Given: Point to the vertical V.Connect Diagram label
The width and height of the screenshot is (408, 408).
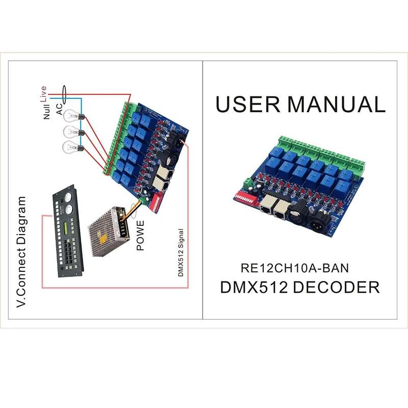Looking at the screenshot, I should click(21, 250).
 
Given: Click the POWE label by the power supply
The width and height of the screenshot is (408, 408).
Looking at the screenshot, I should click(141, 235).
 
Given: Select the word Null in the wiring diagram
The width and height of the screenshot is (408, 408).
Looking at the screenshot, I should click(47, 111).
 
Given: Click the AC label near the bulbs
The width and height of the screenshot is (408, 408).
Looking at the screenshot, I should click(59, 109).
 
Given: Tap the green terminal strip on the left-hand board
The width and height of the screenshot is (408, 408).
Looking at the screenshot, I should click(117, 138).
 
